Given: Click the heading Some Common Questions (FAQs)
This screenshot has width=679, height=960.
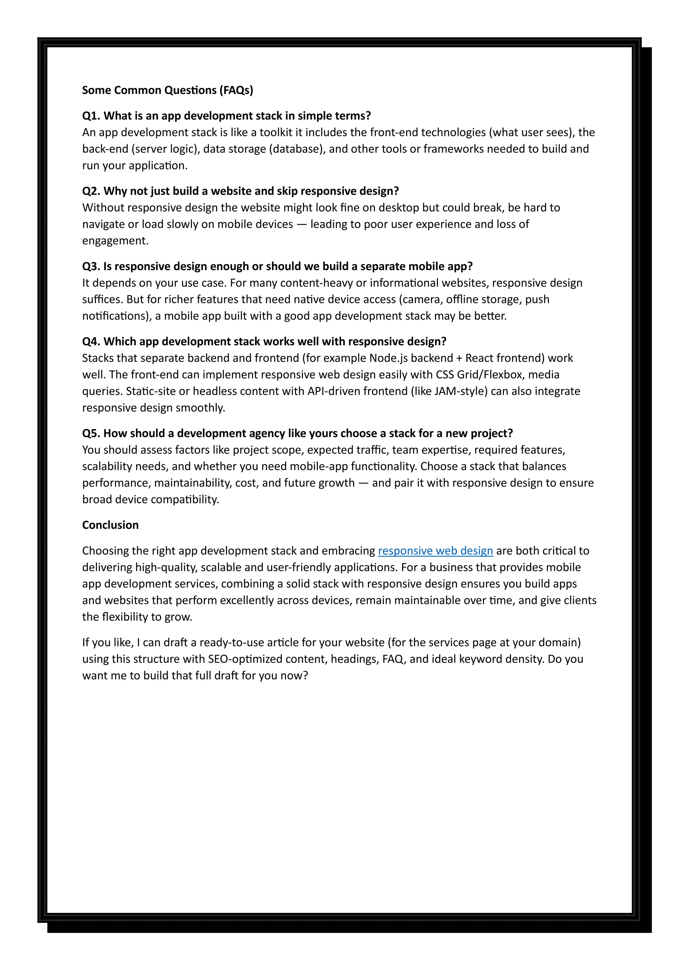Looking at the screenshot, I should pos(167,90).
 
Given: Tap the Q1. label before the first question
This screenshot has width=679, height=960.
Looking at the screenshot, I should pos(91,116).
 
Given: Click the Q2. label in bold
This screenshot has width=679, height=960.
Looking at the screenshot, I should pos(91,191).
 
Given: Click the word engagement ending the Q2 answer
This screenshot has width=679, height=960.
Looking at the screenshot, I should pos(115,241).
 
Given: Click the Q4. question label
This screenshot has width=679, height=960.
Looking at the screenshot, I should pos(91,342).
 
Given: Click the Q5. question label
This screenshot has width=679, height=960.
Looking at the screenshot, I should pos(91,434).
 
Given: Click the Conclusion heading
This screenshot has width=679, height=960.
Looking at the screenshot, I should pos(110,525).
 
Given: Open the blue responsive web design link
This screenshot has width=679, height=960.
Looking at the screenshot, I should pos(435,551).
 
